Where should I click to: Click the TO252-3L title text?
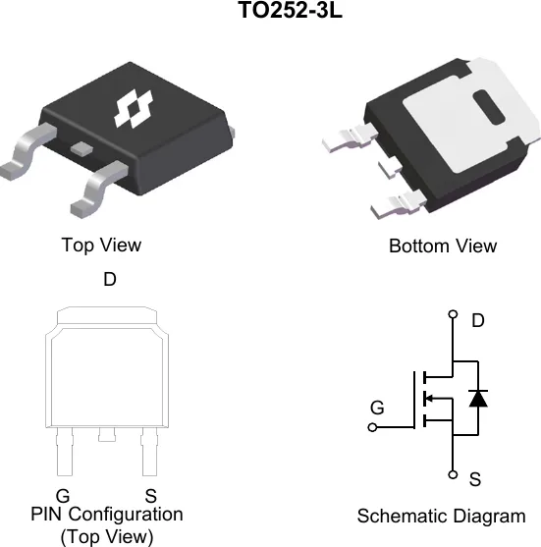[x=290, y=10]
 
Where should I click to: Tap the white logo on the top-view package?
[x=134, y=108]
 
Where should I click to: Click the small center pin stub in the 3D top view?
[x=81, y=148]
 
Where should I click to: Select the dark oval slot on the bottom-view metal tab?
[x=489, y=107]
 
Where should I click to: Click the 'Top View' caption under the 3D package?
[x=101, y=245]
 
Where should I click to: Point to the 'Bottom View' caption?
[x=443, y=246]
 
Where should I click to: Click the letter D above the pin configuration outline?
[x=110, y=279]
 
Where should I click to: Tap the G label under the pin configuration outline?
[x=63, y=495]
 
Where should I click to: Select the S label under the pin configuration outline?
[x=150, y=496]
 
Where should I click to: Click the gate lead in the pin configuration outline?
[x=65, y=452]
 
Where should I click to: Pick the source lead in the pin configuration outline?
[x=149, y=452]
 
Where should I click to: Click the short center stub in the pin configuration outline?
[x=107, y=435]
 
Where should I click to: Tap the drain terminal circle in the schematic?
[x=453, y=314]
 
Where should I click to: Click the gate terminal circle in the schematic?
[x=372, y=427]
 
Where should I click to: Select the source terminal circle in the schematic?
[x=453, y=474]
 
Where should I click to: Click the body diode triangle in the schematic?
[x=478, y=399]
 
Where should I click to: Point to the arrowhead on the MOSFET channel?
[x=430, y=398]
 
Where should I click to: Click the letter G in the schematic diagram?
[x=377, y=408]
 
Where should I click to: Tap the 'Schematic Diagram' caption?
[x=441, y=517]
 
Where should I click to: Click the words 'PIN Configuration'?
[x=107, y=515]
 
